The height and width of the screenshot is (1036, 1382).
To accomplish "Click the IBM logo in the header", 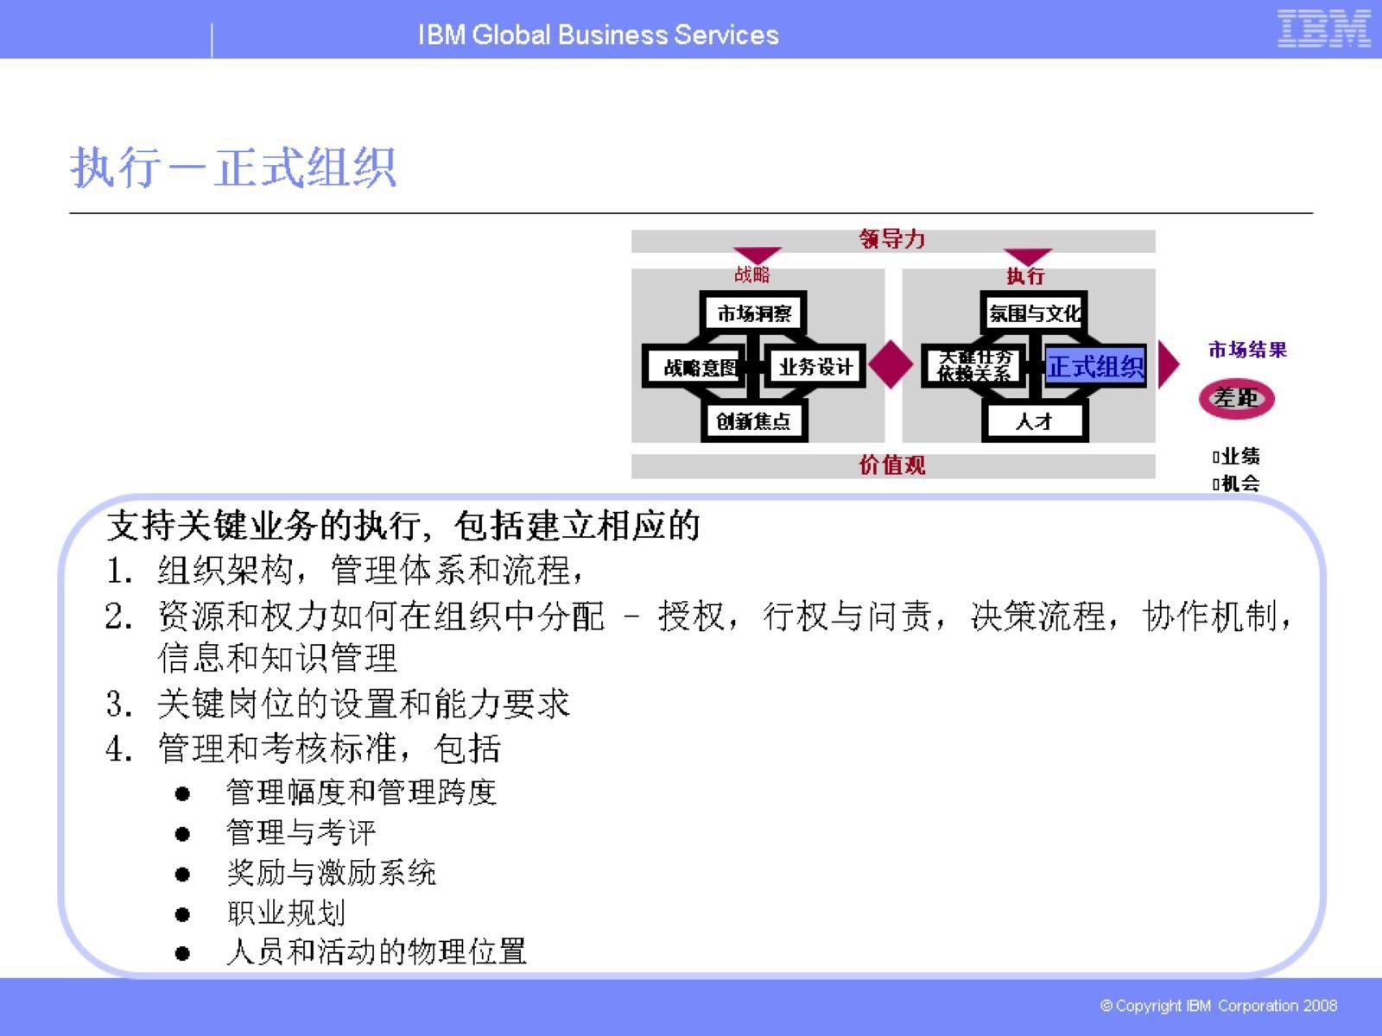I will pos(1323,28).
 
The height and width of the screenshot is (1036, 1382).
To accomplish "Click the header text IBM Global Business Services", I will pos(598,35).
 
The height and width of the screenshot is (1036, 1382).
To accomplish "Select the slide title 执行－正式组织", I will pos(233,167).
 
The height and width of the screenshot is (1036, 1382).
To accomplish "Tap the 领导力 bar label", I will pos(892,240).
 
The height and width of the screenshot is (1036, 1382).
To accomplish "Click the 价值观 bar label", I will pos(892,465).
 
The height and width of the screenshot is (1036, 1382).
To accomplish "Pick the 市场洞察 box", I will pos(754,313).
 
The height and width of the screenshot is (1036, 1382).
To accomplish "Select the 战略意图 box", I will pos(699,368).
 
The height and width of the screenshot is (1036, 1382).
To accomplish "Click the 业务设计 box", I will pos(815,367).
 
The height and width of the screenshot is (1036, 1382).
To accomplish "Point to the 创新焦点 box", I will pos(754,421).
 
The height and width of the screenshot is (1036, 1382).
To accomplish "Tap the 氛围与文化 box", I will pos(1034,313).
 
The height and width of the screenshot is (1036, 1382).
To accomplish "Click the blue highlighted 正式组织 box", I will pos(1095,367).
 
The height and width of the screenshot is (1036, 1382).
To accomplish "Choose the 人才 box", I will pos(1034,421).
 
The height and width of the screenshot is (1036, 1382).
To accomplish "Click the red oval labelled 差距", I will pos(1236,399).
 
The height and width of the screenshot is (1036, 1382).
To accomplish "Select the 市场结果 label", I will pos(1246,350).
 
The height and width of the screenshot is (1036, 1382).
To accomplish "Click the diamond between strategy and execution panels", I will pos(891,364).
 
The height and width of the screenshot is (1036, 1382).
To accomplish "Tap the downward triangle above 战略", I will pos(757,256).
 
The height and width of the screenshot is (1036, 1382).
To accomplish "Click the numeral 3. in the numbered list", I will pos(119,704).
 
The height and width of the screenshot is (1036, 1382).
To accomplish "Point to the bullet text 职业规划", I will pos(286,913).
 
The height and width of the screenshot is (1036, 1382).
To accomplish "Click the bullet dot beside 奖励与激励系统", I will pos(182,875).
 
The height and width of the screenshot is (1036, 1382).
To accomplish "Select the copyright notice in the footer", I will pos(1218,1006).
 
